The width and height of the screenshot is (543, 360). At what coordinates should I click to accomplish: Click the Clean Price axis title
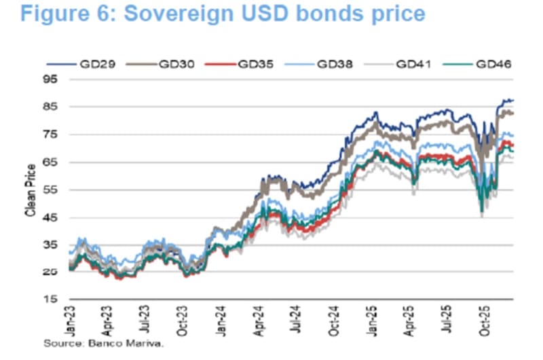pos(31,190)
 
